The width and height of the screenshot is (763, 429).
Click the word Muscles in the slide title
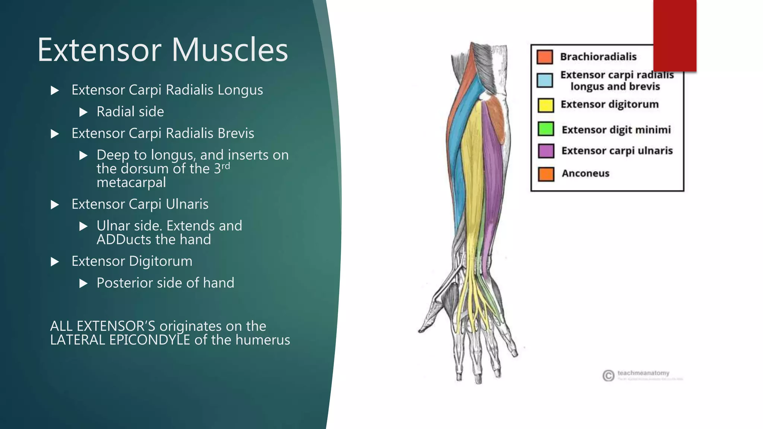(229, 50)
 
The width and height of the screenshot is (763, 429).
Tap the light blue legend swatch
(545, 80)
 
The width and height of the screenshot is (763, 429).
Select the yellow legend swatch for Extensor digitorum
(545, 105)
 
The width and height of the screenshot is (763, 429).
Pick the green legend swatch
(546, 129)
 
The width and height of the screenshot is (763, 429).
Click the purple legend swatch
(546, 151)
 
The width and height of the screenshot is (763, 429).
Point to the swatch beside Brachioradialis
(545, 57)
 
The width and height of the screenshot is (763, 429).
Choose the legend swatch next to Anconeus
(546, 174)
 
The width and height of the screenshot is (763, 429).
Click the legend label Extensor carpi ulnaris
(617, 151)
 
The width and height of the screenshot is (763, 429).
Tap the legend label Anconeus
(585, 174)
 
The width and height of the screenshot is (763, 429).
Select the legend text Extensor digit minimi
(616, 130)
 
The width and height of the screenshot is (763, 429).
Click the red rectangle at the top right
(675, 35)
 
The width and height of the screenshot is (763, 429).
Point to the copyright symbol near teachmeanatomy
(608, 375)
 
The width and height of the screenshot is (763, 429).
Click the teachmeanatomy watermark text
(643, 373)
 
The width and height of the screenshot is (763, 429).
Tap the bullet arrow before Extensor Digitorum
(55, 262)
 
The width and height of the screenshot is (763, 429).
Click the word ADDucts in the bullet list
(124, 239)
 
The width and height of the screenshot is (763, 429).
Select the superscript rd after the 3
(226, 165)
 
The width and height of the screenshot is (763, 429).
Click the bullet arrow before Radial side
(83, 112)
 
